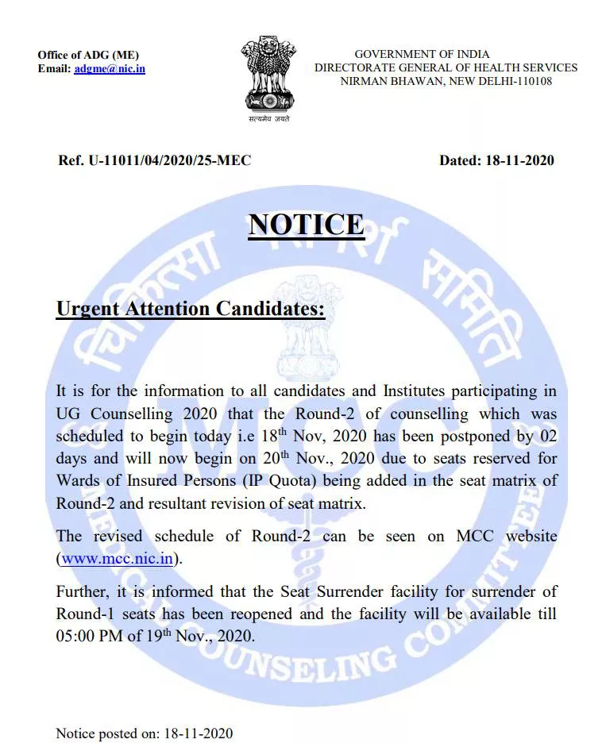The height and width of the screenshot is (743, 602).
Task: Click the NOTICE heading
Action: tap(306, 225)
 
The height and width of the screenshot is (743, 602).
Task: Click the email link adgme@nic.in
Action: tap(110, 69)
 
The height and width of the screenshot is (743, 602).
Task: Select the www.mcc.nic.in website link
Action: tap(118, 557)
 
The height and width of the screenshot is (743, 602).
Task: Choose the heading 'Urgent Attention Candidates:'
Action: tap(191, 308)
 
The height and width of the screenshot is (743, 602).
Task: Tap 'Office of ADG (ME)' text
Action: tap(88, 55)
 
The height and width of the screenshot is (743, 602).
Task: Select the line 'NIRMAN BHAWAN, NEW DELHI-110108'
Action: tap(446, 81)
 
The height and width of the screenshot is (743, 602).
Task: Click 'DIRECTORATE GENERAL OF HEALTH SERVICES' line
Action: tap(446, 67)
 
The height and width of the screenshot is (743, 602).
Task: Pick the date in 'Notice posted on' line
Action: tap(198, 733)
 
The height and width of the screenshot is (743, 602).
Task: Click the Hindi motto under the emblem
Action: tap(268, 119)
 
